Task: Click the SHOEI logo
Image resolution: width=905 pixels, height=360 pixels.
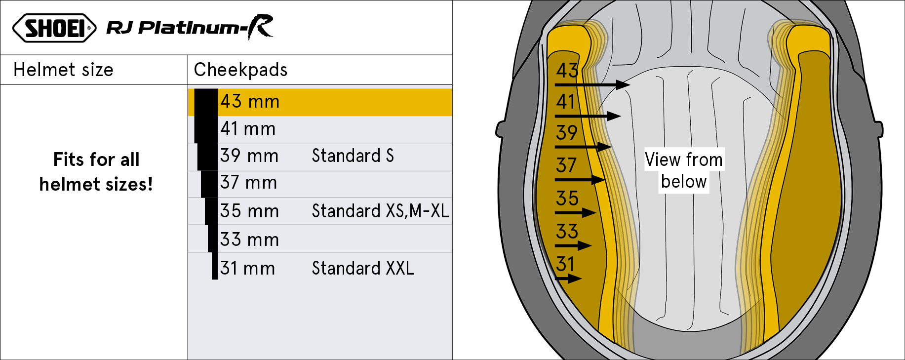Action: coord(54,28)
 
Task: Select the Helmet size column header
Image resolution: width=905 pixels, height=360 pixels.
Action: coord(63,70)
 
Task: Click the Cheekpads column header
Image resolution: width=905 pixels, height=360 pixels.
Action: coord(240,70)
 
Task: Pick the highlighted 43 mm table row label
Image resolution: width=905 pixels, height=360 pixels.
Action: coord(250,101)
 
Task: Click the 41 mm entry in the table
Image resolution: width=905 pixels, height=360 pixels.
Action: coord(248,129)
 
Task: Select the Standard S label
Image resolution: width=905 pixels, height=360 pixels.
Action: coord(353,156)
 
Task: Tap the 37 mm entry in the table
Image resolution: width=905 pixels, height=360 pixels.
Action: coord(248,183)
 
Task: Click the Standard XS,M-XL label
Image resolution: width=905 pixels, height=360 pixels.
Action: coord(380,211)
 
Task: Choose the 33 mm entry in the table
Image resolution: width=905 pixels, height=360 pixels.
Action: coord(249,240)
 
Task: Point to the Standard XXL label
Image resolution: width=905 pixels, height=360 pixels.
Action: coord(363,268)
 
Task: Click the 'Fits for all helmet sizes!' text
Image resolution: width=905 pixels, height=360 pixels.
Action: coord(96,172)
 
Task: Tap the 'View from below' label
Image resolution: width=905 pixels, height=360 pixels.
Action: coord(684,170)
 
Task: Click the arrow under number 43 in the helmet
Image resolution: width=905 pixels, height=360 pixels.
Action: coord(592,85)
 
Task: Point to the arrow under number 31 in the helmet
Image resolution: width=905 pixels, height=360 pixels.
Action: coord(568,279)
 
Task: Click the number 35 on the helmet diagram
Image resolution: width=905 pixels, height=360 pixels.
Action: coord(567,199)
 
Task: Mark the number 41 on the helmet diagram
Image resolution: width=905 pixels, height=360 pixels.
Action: coord(566,102)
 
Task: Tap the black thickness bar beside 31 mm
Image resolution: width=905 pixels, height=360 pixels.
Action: coord(215,266)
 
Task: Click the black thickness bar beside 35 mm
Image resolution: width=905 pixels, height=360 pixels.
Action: coord(211,211)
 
